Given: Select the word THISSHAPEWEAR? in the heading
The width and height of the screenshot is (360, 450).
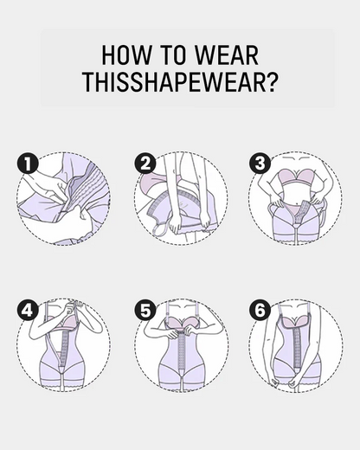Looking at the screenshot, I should click(x=180, y=84).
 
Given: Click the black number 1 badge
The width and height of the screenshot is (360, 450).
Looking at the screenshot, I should click(x=26, y=164).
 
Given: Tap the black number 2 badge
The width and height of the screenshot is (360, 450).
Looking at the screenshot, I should click(x=145, y=164).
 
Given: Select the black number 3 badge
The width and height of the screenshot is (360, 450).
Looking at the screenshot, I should click(x=259, y=164).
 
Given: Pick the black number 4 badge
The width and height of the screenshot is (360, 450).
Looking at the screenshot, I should click(x=26, y=309).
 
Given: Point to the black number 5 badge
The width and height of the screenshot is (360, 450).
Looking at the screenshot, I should click(x=145, y=309).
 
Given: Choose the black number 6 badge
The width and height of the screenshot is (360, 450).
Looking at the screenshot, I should click(x=259, y=309).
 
